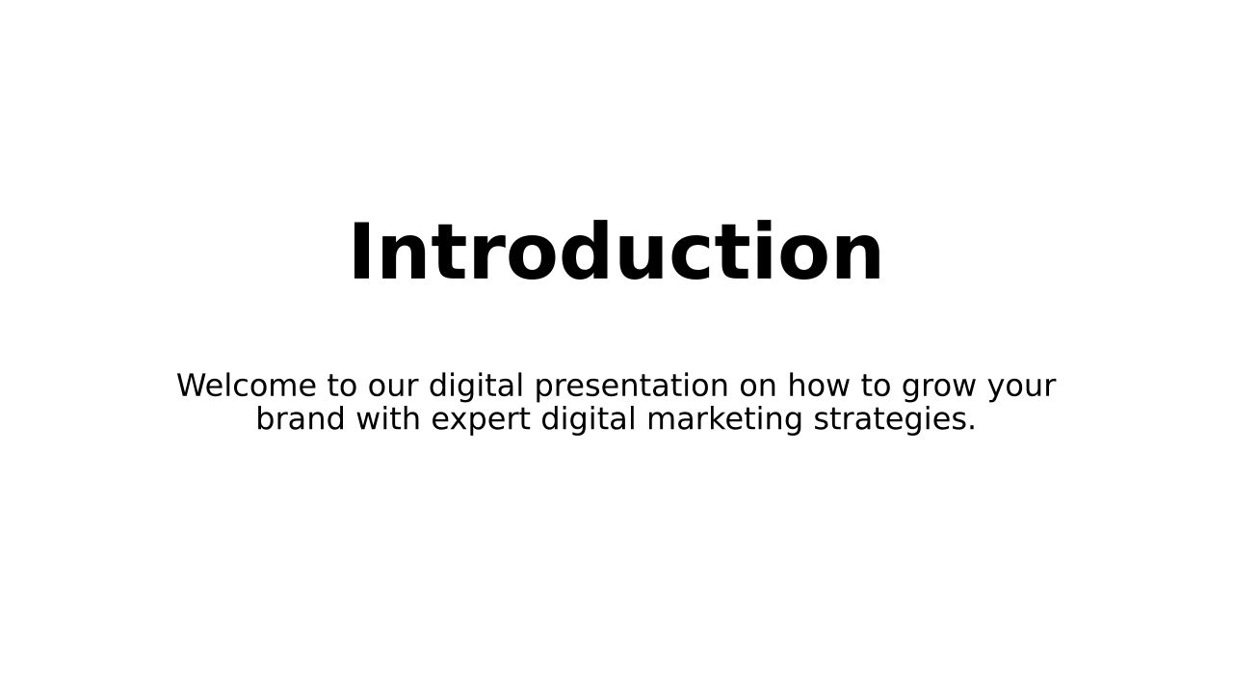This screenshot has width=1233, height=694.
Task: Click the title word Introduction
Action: (616, 252)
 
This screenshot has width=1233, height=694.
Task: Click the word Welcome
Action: (246, 385)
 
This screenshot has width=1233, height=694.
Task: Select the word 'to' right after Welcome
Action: (341, 386)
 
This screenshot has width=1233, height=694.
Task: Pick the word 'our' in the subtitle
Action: (392, 388)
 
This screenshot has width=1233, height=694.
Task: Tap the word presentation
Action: (631, 387)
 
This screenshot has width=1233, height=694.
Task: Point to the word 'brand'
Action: (301, 418)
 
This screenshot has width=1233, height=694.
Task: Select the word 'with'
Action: (388, 418)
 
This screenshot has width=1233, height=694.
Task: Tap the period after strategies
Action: (971, 428)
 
